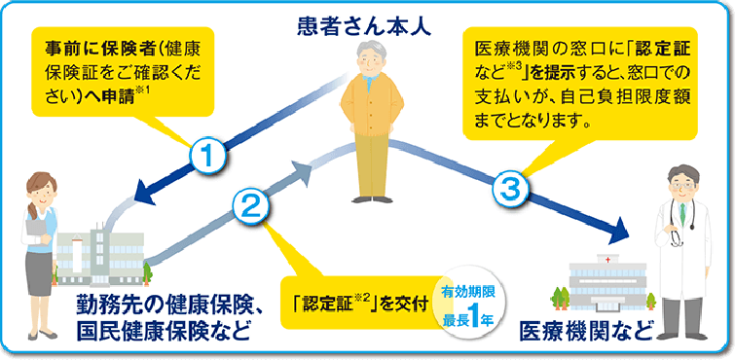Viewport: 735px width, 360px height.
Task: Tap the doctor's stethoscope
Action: [x=672, y=229]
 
